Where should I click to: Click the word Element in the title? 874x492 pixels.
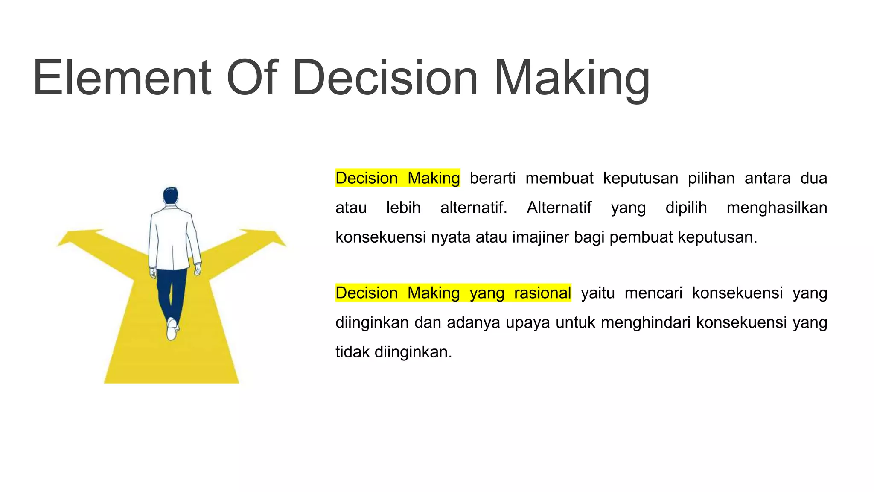(x=122, y=78)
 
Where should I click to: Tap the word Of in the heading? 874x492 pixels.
(x=252, y=78)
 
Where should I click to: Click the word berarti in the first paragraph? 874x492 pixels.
(x=492, y=178)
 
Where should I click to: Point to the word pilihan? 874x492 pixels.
(x=711, y=178)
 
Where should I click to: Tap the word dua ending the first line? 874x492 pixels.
(x=813, y=178)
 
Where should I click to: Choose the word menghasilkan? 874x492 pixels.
(x=777, y=208)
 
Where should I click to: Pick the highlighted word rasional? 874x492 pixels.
(x=542, y=293)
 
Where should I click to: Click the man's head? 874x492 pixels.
(x=170, y=196)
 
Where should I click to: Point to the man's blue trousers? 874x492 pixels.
(x=172, y=290)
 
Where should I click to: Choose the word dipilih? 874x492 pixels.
(x=686, y=208)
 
